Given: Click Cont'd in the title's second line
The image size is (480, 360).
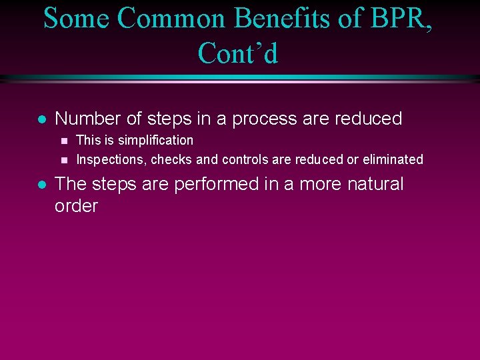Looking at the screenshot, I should pyautogui.click(x=238, y=53).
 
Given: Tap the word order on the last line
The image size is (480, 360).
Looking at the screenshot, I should pyautogui.click(x=76, y=206).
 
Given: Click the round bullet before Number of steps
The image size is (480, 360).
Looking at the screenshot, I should pyautogui.click(x=41, y=120).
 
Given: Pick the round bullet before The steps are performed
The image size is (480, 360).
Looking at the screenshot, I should pyautogui.click(x=41, y=185).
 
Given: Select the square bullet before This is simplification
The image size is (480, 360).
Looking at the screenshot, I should pyautogui.click(x=64, y=141).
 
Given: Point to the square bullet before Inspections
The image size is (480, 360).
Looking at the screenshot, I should pyautogui.click(x=64, y=160).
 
